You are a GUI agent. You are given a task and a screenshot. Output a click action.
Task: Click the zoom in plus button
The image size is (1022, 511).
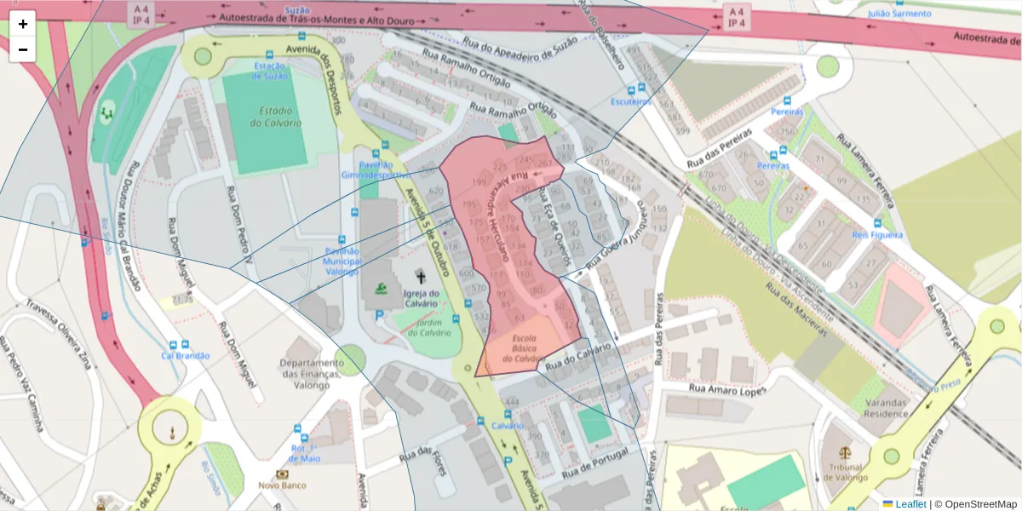[23, 24]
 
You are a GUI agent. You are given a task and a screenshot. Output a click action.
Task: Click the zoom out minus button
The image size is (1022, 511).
[23, 49]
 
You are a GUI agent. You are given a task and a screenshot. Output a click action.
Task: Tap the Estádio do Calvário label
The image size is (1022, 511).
[276, 117]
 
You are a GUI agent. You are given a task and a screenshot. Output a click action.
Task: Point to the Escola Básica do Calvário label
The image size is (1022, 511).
[523, 349]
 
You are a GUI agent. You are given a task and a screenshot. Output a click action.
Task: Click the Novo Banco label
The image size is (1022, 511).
[282, 485]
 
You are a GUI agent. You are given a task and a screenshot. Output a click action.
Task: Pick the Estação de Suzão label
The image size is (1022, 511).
[269, 71]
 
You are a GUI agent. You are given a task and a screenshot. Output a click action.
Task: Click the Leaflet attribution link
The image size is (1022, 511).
[910, 504]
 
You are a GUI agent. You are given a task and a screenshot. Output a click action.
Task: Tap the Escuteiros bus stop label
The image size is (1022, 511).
[631, 102]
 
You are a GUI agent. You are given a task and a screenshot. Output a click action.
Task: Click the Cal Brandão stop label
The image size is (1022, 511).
[186, 355]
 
